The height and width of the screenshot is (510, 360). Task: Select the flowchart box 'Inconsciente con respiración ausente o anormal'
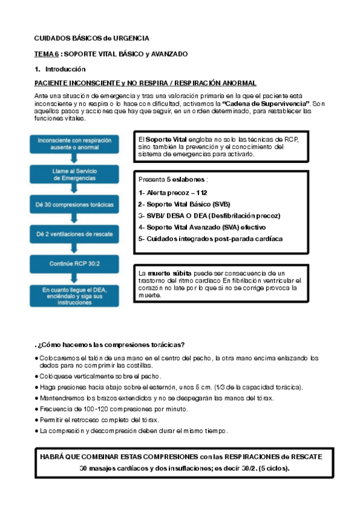click(74, 144)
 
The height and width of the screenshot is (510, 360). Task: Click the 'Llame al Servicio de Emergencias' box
click(74, 174)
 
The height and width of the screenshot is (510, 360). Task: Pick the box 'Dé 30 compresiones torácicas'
click(74, 204)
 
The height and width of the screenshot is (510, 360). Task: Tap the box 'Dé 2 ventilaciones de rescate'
click(74, 234)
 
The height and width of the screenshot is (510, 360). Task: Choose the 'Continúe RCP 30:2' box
click(74, 263)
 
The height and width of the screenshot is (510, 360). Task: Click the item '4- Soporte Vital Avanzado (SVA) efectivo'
click(202, 227)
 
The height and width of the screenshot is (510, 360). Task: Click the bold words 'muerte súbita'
click(170, 272)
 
